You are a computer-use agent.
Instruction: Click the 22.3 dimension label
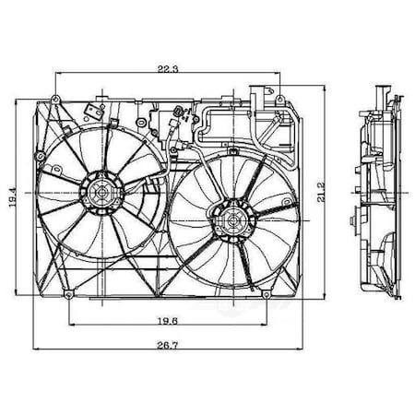click(167, 68)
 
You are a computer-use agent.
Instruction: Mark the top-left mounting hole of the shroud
click(56, 99)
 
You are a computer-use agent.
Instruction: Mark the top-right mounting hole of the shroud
click(278, 91)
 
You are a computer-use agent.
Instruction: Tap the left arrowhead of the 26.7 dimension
click(37, 350)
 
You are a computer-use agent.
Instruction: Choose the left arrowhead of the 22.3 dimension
click(58, 76)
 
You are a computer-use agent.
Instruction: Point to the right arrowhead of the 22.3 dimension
click(277, 76)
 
